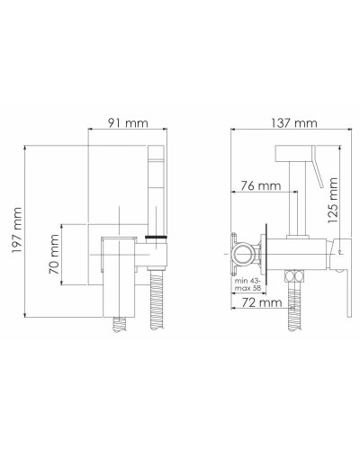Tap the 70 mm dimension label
pos(55,255)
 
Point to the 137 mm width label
pos(281,121)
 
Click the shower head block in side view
pos(298,147)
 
